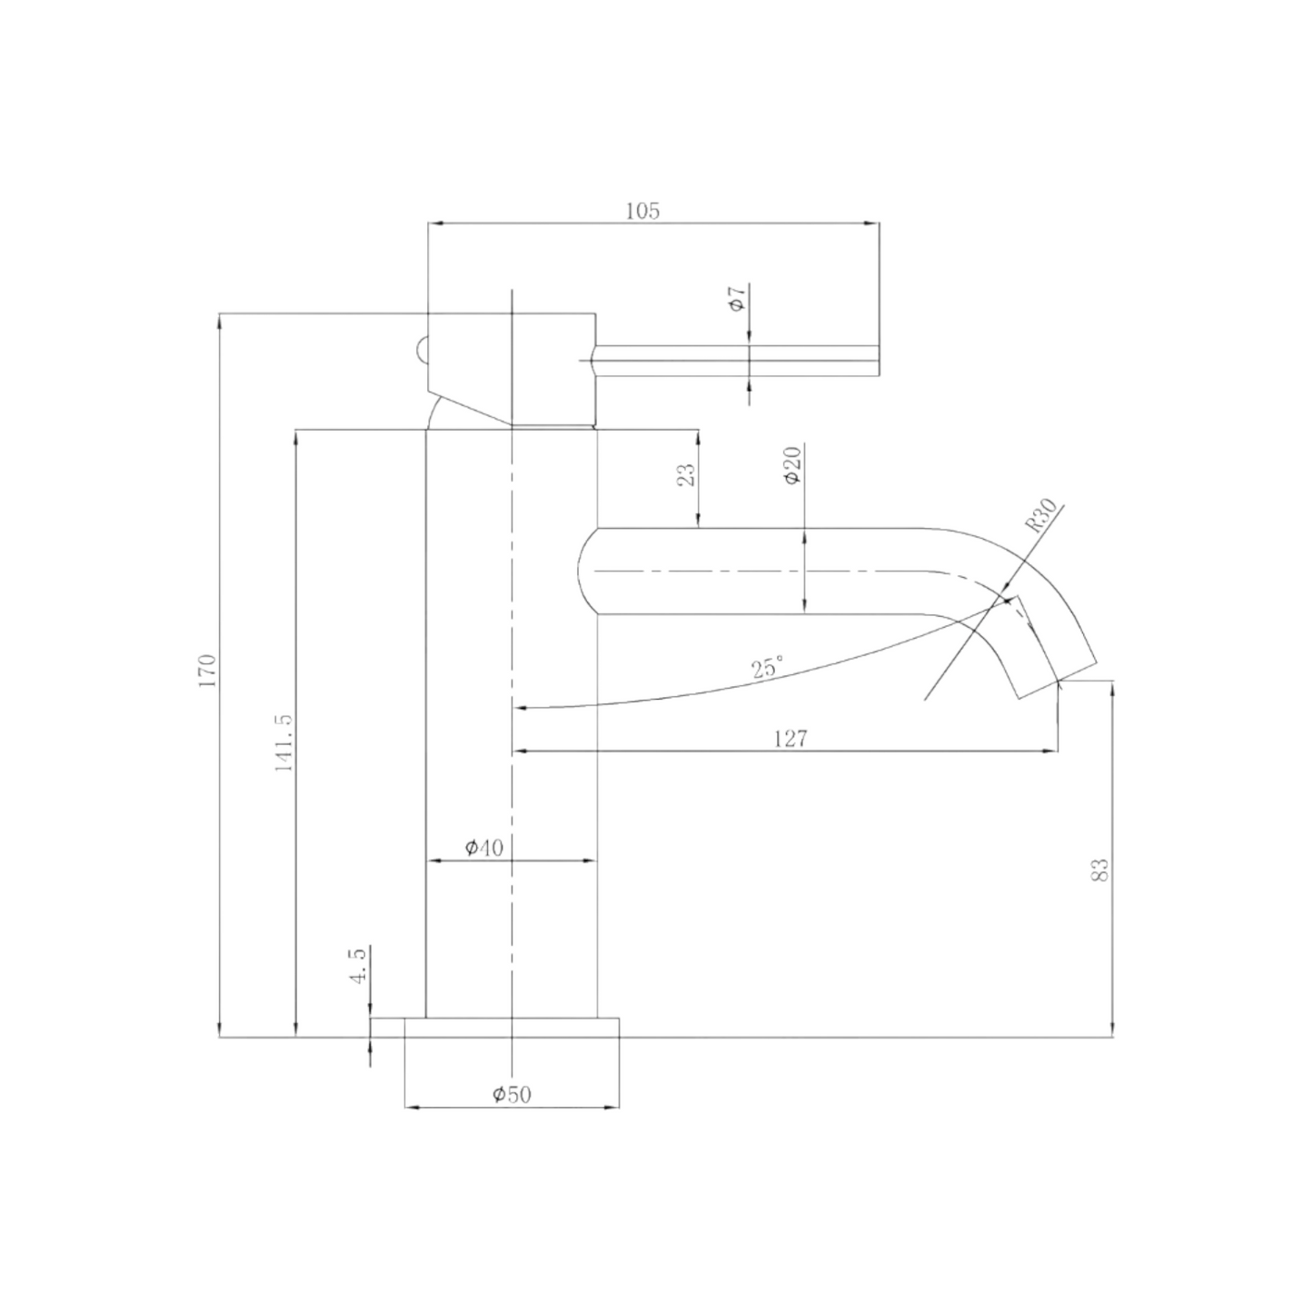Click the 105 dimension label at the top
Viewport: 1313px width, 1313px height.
(642, 211)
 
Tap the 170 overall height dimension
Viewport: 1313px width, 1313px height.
(208, 670)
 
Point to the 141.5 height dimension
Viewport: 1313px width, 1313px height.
(283, 742)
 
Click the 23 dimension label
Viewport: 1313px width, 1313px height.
(687, 475)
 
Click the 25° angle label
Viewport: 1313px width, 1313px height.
(766, 669)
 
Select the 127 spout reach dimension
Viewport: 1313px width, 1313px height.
(790, 738)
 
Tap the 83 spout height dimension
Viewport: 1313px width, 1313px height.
(1100, 870)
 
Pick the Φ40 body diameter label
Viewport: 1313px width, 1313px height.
(483, 848)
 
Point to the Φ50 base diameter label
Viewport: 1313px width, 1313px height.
(512, 1094)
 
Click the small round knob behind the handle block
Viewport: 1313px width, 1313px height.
(421, 349)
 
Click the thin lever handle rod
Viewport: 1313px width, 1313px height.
(736, 361)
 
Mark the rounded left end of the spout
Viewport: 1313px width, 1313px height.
(586, 571)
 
